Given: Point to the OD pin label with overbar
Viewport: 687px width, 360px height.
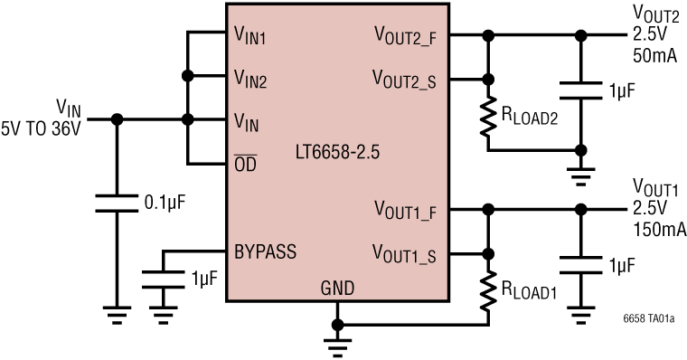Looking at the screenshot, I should tap(245, 165).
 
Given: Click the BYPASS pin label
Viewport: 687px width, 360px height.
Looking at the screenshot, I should tap(264, 249).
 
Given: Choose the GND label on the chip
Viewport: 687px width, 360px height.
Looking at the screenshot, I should tap(336, 289).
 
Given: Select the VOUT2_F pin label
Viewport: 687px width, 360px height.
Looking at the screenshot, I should tap(405, 36).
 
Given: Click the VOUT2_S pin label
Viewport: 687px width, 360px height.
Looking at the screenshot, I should tap(405, 78).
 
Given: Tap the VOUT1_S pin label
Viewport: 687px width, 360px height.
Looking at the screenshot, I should tap(405, 253).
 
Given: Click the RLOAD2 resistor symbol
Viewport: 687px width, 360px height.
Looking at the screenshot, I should tap(489, 117).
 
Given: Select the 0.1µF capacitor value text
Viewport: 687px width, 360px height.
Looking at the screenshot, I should tap(164, 201).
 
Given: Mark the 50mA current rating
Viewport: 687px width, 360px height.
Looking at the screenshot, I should tap(654, 55).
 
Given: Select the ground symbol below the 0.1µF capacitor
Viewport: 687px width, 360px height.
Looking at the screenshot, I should tap(116, 316).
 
